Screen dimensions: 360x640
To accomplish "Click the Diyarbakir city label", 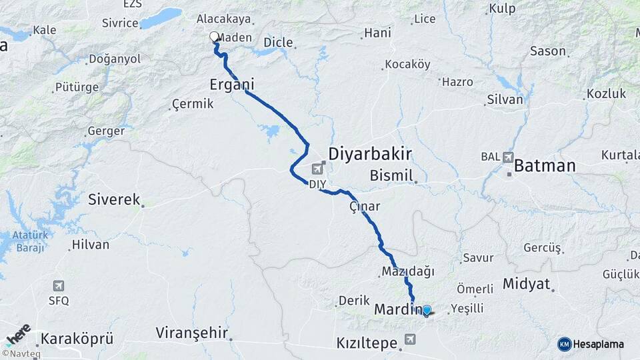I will (369, 154).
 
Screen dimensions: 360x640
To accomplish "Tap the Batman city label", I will (544, 165).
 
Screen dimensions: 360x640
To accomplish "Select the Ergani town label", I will (232, 85).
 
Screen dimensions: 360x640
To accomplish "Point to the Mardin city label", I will (397, 309).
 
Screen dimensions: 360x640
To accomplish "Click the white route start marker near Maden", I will (214, 37).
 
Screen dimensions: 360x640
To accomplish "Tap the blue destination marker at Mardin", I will (427, 310).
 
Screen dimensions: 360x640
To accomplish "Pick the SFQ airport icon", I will (59, 285).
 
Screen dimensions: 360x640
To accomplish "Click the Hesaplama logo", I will (591, 344).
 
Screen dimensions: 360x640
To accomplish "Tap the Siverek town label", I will (114, 199).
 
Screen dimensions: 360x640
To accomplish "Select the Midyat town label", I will (525, 284).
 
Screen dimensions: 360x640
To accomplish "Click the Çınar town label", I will (365, 207).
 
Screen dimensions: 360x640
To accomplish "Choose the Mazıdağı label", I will (408, 271).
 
